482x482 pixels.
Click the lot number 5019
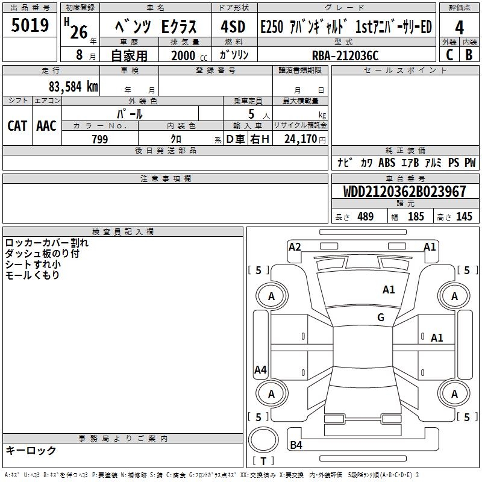tap(30, 25)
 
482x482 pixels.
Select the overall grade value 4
tap(459, 27)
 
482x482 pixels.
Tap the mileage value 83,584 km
tap(73, 86)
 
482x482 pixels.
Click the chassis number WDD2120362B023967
tap(404, 192)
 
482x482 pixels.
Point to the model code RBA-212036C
tap(345, 55)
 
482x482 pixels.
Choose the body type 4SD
tap(233, 27)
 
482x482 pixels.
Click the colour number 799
tap(99, 139)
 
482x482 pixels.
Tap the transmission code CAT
tap(17, 125)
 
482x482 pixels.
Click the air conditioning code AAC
tap(46, 125)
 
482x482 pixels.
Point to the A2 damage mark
tap(295, 246)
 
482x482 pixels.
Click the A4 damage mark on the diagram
tap(260, 370)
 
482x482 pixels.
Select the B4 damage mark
tap(296, 445)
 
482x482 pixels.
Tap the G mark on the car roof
tap(381, 318)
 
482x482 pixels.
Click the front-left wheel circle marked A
tap(271, 296)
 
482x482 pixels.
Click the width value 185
tap(416, 217)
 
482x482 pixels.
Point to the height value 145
tap(464, 217)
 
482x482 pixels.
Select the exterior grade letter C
tap(449, 55)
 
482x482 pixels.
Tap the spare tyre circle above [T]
tap(263, 441)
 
